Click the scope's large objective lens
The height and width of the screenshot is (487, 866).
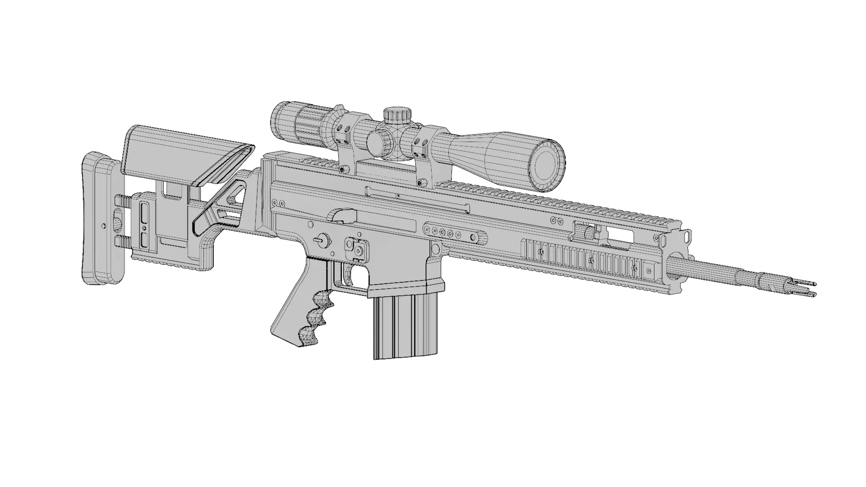(x=547, y=164)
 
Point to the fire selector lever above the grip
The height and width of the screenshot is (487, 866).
(x=322, y=240)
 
